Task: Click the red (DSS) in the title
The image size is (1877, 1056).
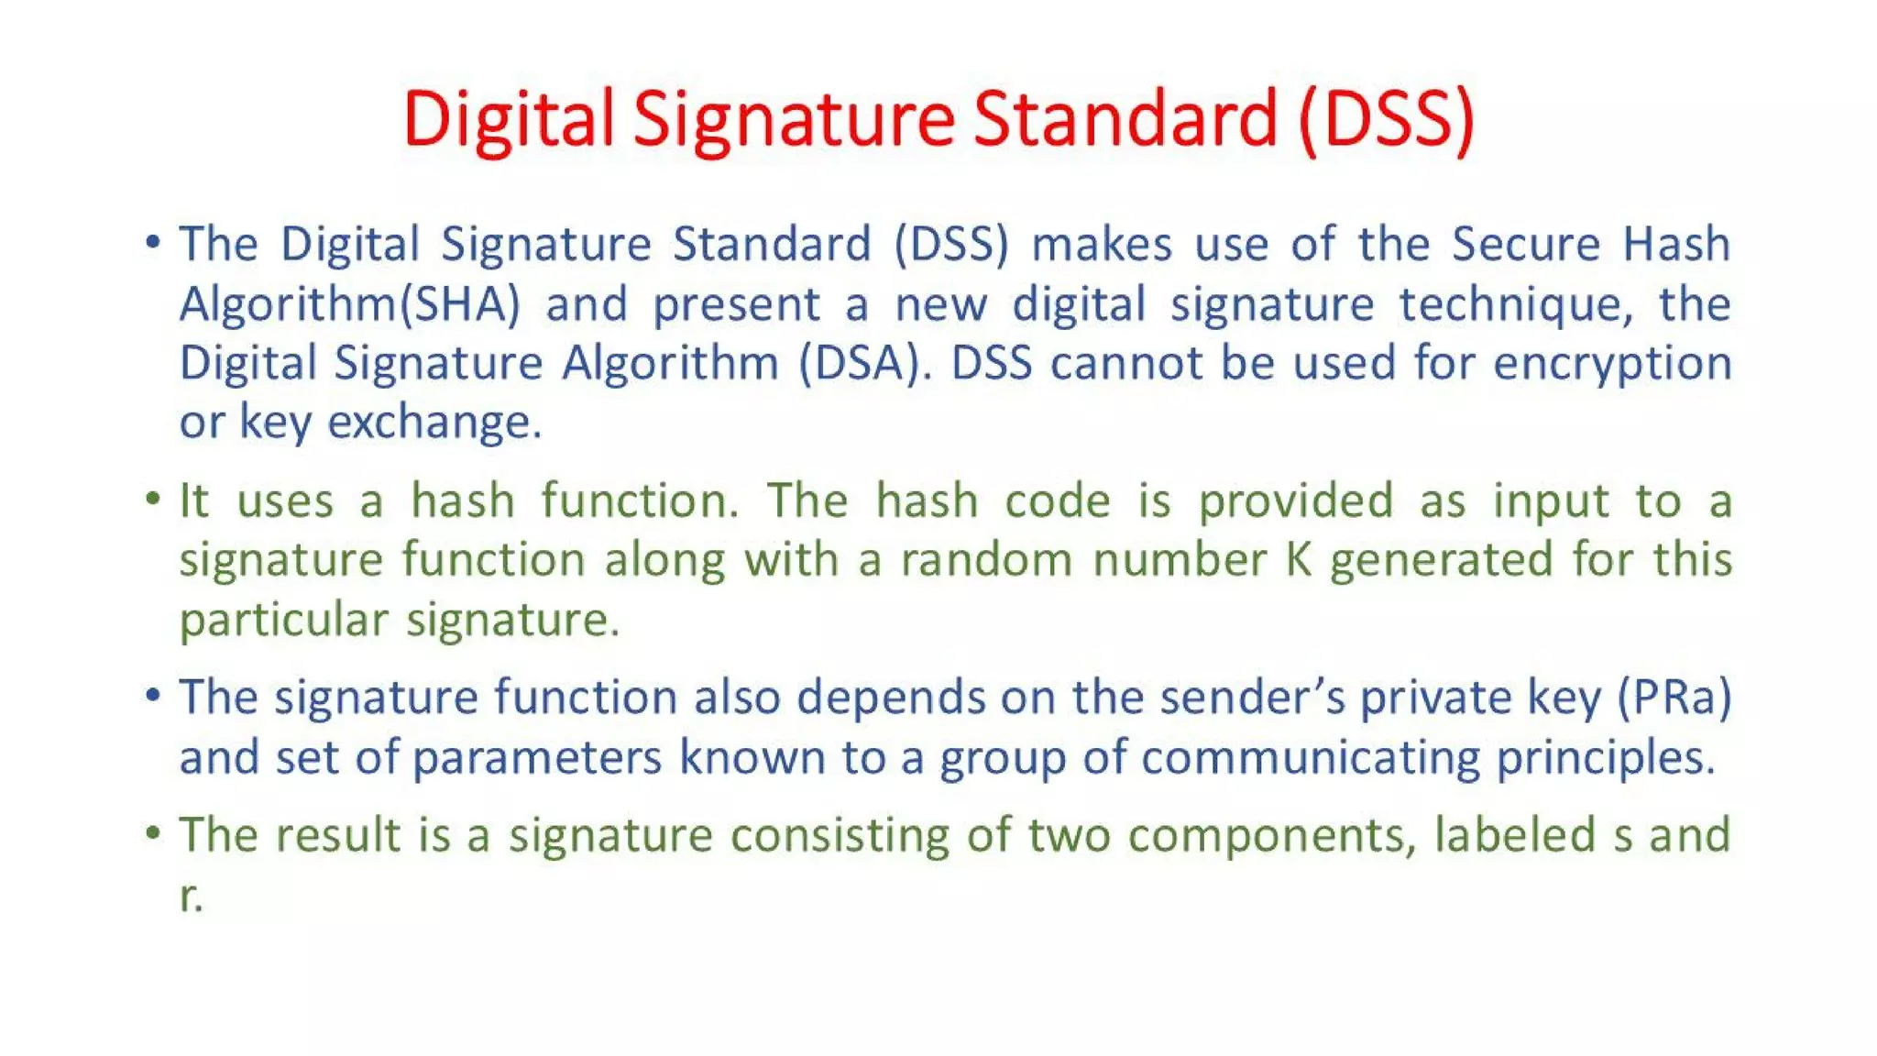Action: tap(1386, 119)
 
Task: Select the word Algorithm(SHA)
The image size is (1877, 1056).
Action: tap(349, 304)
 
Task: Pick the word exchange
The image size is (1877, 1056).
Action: tap(434, 423)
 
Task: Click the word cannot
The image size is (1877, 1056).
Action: tap(1126, 363)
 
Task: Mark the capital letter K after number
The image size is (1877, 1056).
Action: tap(1299, 560)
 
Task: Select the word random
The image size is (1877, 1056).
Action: tap(986, 560)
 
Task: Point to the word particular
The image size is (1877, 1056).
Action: tap(283, 621)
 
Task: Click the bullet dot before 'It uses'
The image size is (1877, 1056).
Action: tap(153, 500)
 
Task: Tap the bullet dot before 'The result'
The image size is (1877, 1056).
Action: tap(153, 833)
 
